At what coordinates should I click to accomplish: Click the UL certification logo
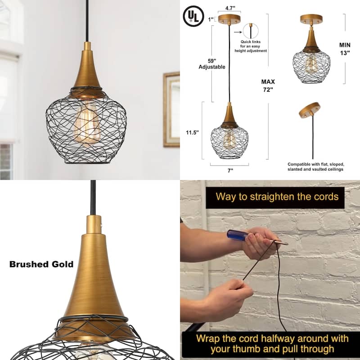(193, 17)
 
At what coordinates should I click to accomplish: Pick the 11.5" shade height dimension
(192, 132)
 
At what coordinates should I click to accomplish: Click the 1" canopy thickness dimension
(211, 19)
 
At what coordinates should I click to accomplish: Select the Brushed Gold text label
(41, 264)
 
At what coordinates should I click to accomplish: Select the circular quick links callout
(251, 31)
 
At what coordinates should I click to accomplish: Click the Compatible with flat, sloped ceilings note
(315, 166)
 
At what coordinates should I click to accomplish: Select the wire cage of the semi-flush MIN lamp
(311, 67)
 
